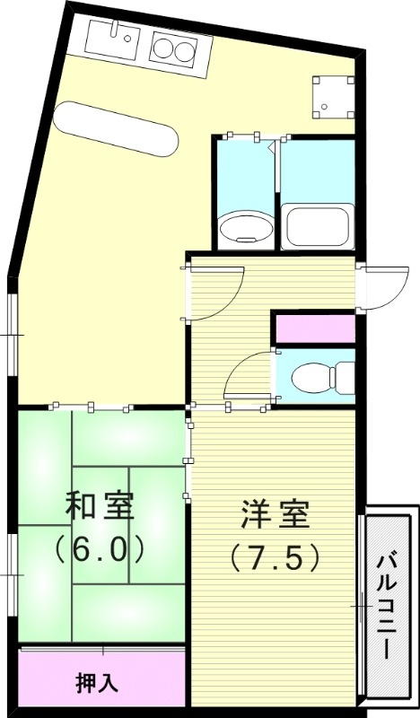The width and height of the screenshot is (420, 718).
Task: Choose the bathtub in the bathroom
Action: click(317, 224)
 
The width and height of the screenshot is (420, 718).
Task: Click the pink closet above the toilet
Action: click(314, 328)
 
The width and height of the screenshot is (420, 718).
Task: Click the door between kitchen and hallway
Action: click(215, 293)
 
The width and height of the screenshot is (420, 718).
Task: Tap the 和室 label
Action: click(100, 507)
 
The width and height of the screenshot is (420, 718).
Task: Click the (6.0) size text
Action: click(100, 548)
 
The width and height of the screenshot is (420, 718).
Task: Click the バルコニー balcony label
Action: click(387, 606)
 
